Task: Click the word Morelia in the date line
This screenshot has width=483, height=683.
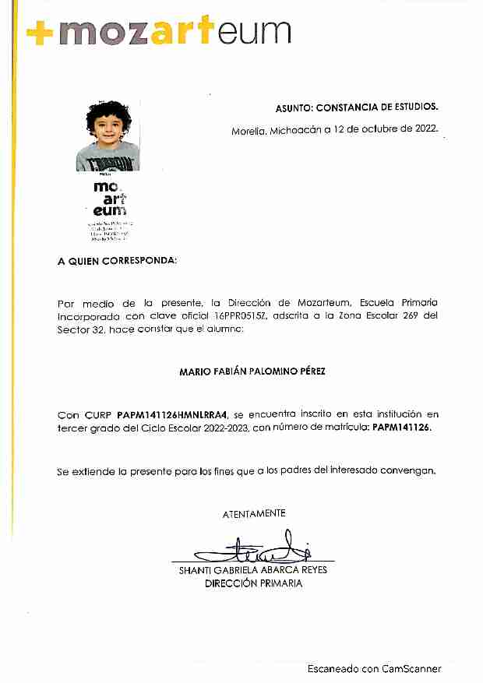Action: tap(249, 130)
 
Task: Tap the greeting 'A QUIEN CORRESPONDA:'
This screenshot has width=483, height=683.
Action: tap(117, 261)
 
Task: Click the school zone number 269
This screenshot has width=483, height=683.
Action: tap(393, 316)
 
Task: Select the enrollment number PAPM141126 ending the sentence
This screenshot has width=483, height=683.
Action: tap(400, 428)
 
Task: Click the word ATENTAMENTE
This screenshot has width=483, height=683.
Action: tap(254, 514)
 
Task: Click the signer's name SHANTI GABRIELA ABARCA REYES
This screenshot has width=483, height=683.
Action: tap(253, 570)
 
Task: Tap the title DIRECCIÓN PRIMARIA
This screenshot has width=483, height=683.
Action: tap(253, 583)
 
